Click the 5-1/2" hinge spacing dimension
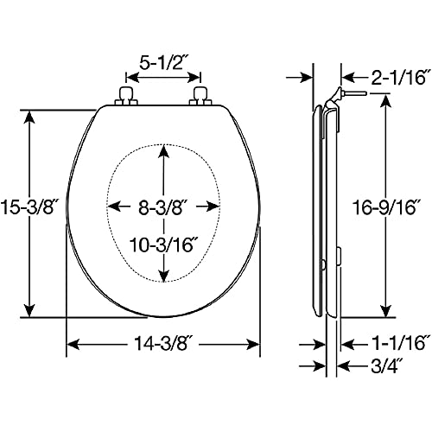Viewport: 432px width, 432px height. coord(162,63)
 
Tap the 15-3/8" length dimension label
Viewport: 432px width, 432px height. coord(27,207)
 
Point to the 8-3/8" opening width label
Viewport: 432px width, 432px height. coord(161,207)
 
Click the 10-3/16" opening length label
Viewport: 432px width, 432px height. coord(161,245)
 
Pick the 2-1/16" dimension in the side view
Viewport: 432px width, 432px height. coord(398,77)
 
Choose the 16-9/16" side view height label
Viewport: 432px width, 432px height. coord(385,207)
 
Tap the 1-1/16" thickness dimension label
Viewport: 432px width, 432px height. coord(398,344)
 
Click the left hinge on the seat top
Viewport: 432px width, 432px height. coord(126,97)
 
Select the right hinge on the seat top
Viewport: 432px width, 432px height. coord(200,97)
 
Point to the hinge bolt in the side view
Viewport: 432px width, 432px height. coord(355,93)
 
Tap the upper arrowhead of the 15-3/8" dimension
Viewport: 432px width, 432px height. coord(29,118)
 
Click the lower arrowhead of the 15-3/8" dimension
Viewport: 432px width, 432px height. coord(29,309)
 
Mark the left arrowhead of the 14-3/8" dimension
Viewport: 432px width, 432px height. coord(73,344)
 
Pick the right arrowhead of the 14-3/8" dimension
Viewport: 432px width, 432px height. coord(253,344)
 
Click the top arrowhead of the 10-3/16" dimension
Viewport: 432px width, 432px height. coord(163,152)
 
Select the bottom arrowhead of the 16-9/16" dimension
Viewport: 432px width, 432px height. coord(385,309)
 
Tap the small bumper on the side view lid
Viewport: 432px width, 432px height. coord(323,264)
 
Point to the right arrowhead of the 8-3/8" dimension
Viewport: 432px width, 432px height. coord(213,206)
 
